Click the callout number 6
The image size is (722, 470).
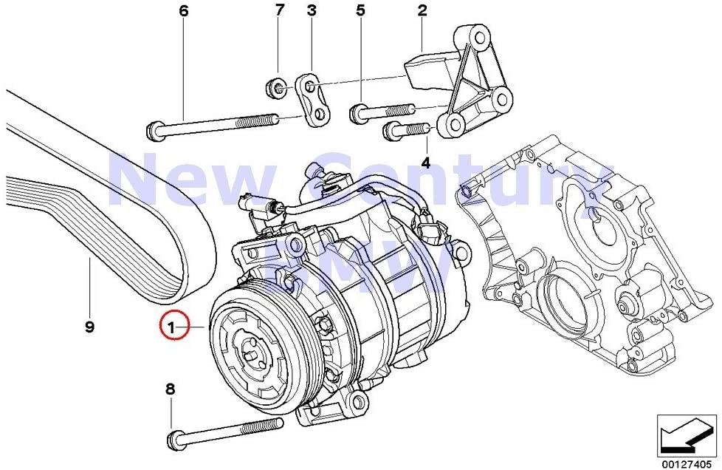[184, 11]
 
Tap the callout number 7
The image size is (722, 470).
[279, 10]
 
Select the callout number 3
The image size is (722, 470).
[312, 10]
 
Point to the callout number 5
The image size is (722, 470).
[360, 10]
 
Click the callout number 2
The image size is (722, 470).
[422, 10]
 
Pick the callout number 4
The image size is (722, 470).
[424, 160]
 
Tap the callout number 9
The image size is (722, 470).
[89, 327]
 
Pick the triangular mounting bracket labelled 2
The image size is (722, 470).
[469, 85]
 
